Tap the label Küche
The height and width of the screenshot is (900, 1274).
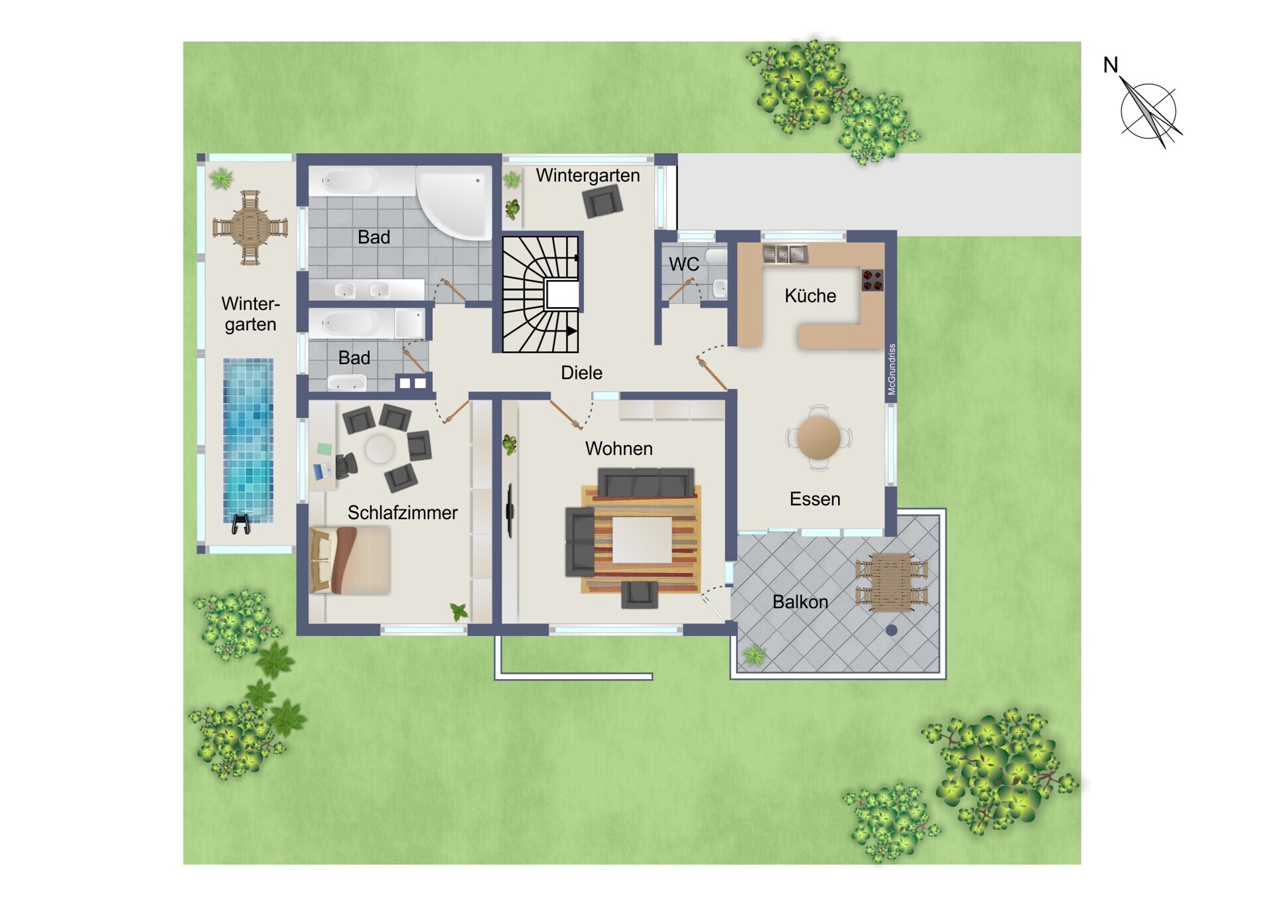point(810,296)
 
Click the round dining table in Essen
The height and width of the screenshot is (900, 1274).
point(819,438)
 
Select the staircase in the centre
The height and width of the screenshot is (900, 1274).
point(540,293)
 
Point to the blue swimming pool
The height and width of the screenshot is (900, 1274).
point(248,440)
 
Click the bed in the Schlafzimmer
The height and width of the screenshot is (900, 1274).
point(350,560)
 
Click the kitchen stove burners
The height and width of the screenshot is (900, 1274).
point(873,280)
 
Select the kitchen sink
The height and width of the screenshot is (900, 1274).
point(785,253)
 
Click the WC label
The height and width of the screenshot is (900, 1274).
point(683,264)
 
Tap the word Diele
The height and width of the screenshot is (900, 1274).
point(581,373)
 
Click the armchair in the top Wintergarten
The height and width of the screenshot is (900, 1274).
point(602,202)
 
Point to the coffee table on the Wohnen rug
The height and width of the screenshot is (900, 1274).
point(642,540)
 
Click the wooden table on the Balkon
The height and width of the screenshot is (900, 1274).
point(891,582)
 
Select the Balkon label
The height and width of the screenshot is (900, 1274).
point(800,602)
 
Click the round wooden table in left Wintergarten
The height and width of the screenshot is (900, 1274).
point(250,227)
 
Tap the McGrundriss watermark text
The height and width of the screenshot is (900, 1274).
point(892,369)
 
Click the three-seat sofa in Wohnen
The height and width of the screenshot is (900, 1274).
point(646,482)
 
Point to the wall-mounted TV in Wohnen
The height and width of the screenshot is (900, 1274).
point(510,510)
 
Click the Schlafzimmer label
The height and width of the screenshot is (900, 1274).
point(403,513)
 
